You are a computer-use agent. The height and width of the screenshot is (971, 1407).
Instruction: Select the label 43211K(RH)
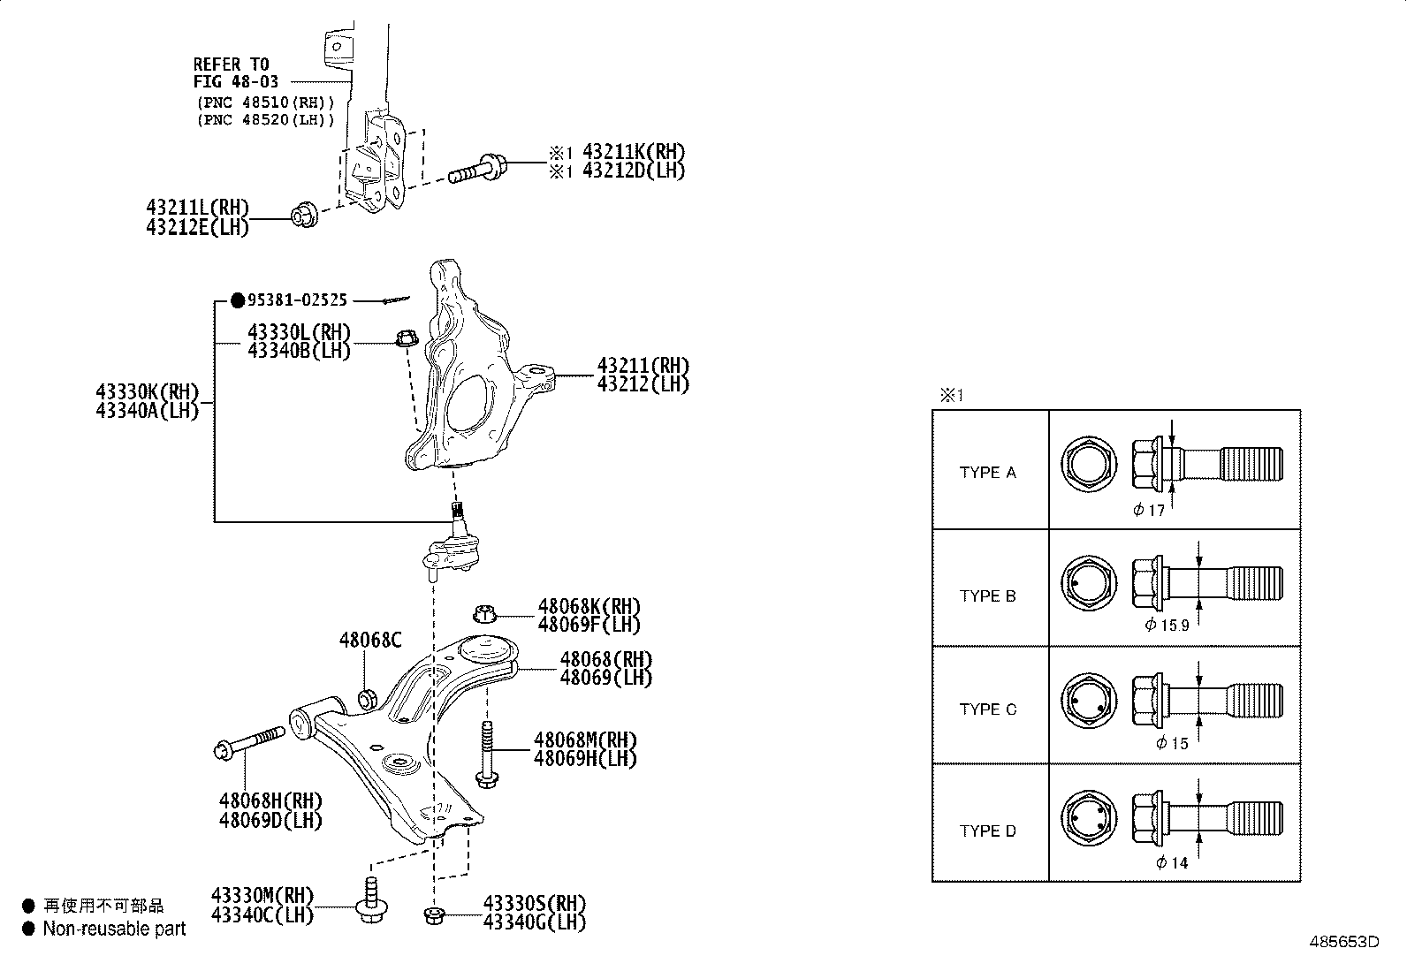633,152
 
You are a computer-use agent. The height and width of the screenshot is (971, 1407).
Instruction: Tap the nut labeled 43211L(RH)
304,215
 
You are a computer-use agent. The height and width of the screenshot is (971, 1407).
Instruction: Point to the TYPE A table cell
988,472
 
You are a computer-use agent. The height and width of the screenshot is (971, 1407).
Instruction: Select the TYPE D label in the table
988,831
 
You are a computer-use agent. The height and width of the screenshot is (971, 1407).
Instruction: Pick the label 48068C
369,640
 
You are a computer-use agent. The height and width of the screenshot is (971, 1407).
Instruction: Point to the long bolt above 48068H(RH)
250,742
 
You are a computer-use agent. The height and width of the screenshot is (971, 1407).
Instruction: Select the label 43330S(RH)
535,904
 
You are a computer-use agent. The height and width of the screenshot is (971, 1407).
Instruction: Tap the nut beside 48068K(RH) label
484,611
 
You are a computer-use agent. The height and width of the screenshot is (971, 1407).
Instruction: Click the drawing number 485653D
1343,942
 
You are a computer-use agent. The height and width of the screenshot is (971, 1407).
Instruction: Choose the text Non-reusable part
114,929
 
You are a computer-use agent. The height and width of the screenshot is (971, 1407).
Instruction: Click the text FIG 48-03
236,82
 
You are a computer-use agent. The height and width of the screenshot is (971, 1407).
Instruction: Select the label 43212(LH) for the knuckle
643,384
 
